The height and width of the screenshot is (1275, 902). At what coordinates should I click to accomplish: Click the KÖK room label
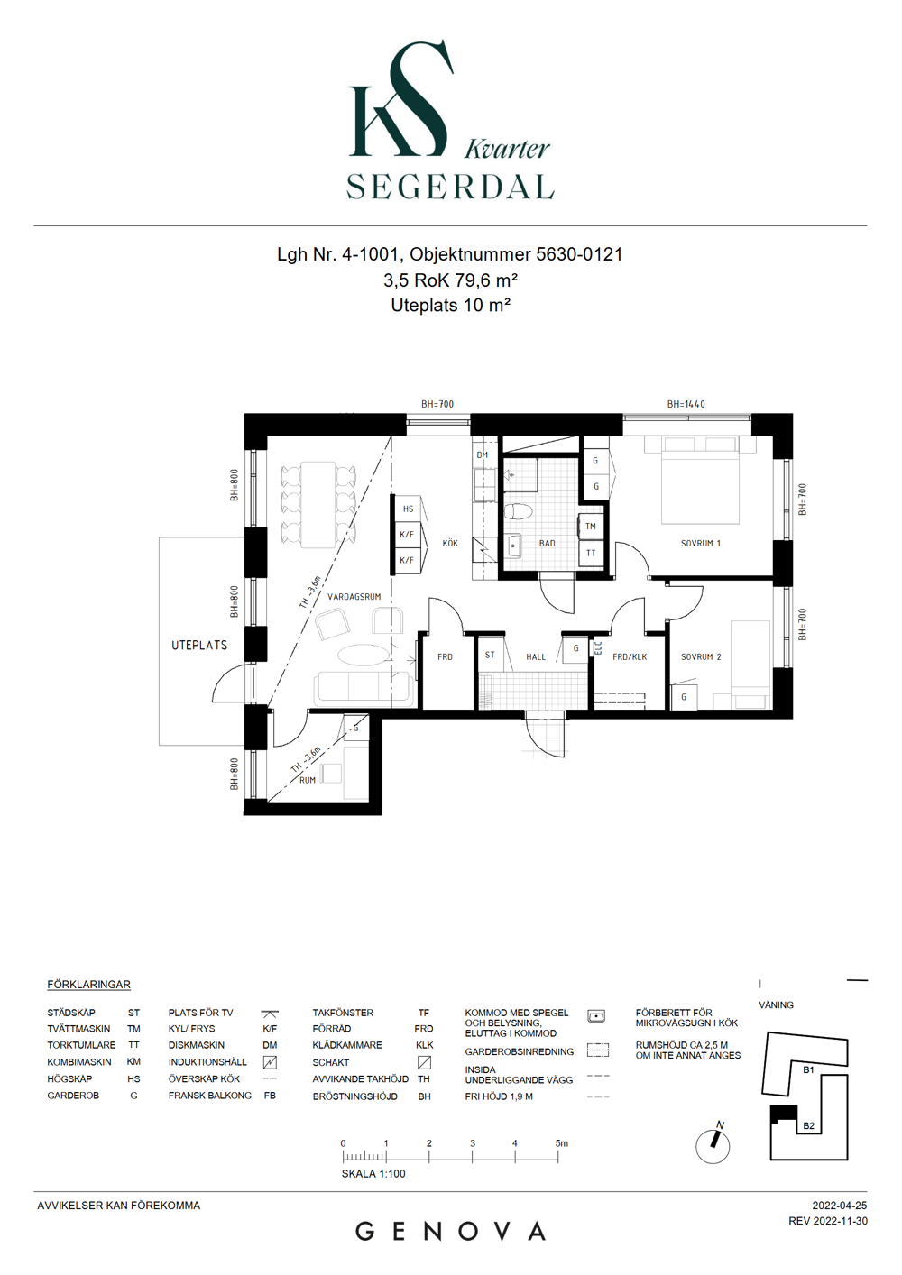[450, 543]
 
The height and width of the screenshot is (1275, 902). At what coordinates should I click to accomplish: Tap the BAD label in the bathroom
[547, 543]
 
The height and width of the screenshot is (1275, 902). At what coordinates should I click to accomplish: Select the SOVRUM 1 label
[701, 543]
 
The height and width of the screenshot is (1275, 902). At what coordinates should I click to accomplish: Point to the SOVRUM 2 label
[701, 656]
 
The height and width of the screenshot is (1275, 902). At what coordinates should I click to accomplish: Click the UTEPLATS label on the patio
[199, 645]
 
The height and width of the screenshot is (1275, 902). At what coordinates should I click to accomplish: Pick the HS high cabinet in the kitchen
[408, 509]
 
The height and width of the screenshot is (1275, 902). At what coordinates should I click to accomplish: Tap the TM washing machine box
[591, 526]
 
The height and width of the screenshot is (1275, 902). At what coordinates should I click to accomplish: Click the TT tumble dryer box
[591, 553]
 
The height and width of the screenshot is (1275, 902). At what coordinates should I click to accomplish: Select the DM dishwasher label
[483, 454]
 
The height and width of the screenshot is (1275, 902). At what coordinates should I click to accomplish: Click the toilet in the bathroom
[519, 511]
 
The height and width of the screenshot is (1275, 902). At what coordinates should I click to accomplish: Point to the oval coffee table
[364, 656]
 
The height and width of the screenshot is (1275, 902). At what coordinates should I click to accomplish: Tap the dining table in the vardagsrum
[318, 504]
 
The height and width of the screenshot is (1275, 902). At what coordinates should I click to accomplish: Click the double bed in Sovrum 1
[701, 480]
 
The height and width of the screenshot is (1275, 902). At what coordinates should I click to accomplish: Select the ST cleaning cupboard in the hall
[490, 656]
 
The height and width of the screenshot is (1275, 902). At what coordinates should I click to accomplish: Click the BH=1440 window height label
[686, 404]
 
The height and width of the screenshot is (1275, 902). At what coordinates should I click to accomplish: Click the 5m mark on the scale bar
[561, 1143]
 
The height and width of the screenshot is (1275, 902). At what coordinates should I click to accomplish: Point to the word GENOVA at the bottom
[450, 1233]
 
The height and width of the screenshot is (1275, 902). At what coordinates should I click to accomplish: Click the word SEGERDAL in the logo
[450, 186]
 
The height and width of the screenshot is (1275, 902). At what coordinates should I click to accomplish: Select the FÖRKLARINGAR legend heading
[88, 985]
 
